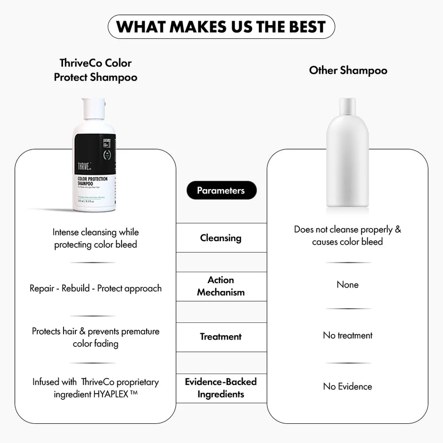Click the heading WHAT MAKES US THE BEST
coord(221,27)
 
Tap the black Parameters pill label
coord(221,190)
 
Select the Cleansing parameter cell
coord(221,238)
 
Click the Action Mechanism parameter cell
coord(221,286)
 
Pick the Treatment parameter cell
coord(221,337)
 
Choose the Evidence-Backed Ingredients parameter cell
coord(221,388)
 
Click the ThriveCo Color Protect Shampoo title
coord(95,70)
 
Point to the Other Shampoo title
coord(348,70)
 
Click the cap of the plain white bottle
coord(348,105)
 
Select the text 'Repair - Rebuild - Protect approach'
coord(95,288)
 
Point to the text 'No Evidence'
coord(348,386)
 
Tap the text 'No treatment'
coord(348,335)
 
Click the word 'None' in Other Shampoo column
coord(348,285)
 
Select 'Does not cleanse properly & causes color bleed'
coord(348,235)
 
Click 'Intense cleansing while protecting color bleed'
coord(95,238)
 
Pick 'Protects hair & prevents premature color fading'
coord(95,337)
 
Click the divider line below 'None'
coord(348,309)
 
